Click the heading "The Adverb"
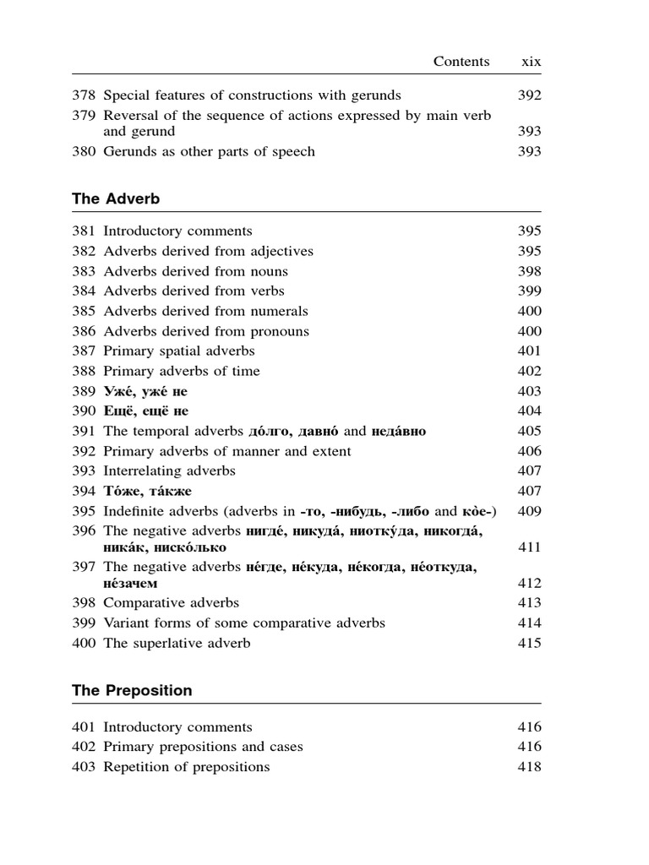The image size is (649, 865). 116,199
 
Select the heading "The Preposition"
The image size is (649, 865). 132,690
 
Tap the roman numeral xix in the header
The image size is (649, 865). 532,61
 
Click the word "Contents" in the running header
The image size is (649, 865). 461,61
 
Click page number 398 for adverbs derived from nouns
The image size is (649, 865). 529,271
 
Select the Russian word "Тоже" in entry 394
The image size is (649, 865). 123,491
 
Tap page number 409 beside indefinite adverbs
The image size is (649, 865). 529,511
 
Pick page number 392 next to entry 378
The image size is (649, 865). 529,95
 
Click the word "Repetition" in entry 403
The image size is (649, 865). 138,767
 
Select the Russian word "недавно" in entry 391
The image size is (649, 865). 399,431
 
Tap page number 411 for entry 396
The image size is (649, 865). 529,547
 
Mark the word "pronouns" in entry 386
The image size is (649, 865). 280,331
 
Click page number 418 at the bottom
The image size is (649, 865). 529,767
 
